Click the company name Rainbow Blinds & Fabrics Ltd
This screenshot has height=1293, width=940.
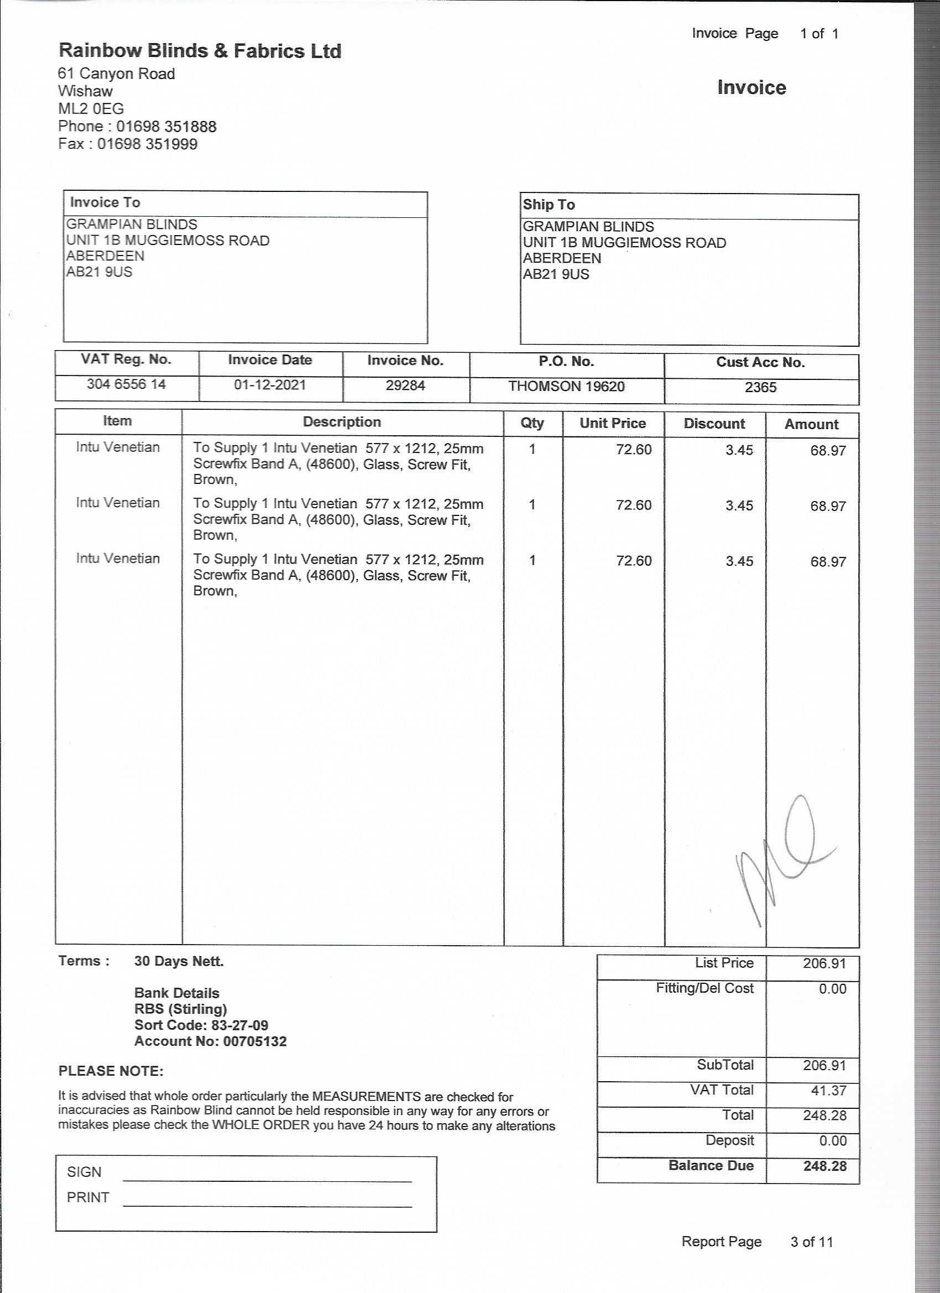click(200, 51)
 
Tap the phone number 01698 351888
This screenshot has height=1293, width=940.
click(166, 127)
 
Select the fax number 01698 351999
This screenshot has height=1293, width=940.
click(147, 144)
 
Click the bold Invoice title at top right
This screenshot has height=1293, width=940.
click(751, 88)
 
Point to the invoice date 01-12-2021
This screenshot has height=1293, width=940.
click(270, 385)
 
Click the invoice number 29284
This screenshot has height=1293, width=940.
click(405, 385)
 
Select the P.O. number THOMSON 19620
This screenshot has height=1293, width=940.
click(566, 387)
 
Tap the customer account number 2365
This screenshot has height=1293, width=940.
click(760, 388)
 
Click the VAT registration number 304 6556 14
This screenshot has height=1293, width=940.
click(126, 384)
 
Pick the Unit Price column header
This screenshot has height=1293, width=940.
click(612, 423)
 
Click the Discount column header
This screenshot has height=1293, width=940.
click(714, 424)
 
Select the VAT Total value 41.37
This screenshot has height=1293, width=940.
click(828, 1091)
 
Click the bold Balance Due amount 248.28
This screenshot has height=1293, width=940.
click(824, 1166)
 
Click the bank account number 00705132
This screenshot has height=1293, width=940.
click(255, 1041)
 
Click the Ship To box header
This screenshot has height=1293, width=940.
click(549, 205)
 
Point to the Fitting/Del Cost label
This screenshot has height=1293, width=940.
click(704, 988)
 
